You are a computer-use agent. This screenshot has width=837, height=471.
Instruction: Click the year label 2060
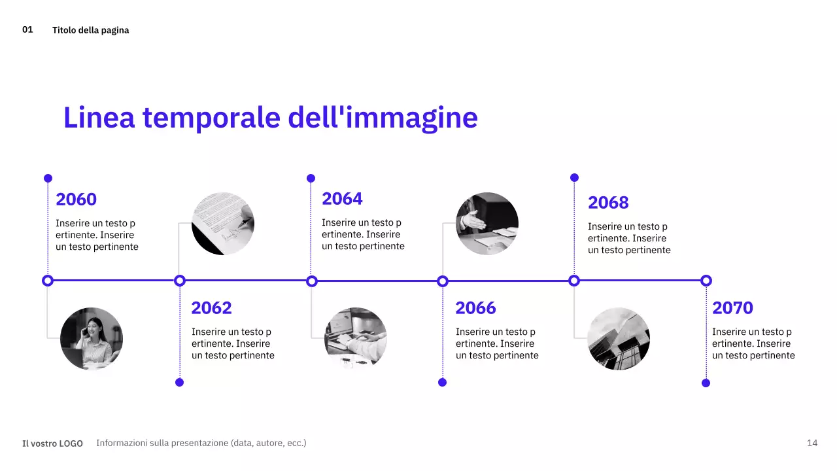[76, 200]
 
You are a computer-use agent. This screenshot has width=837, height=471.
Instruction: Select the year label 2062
[211, 308]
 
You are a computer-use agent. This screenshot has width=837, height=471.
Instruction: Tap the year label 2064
[342, 199]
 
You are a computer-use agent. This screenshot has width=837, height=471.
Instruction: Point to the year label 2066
[475, 308]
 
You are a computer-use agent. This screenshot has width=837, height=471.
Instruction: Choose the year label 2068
[608, 203]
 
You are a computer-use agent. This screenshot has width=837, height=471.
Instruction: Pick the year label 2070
[732, 308]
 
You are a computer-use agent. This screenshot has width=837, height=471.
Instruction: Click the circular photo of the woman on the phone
[92, 339]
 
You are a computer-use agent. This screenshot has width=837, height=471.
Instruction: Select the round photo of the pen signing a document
[223, 224]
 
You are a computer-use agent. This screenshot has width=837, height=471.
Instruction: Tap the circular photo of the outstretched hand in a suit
[487, 224]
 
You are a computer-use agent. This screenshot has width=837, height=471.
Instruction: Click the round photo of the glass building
[619, 339]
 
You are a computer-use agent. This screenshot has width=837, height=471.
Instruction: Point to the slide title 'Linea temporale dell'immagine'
[270, 118]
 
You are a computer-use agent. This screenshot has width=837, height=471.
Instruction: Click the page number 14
[812, 443]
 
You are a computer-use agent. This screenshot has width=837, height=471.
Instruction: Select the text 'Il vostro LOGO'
[52, 444]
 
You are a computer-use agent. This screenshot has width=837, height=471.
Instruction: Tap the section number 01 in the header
[27, 29]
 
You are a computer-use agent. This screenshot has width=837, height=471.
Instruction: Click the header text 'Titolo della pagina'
[90, 30]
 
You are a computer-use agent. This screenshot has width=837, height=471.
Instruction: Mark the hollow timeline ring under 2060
[47, 281]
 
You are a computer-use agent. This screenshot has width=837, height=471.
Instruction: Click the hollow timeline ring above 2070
[706, 281]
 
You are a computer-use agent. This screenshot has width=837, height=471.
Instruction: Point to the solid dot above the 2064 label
[311, 178]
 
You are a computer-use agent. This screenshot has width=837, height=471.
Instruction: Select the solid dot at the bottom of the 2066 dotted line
[442, 382]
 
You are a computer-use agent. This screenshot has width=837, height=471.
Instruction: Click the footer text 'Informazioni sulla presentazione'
[201, 443]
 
